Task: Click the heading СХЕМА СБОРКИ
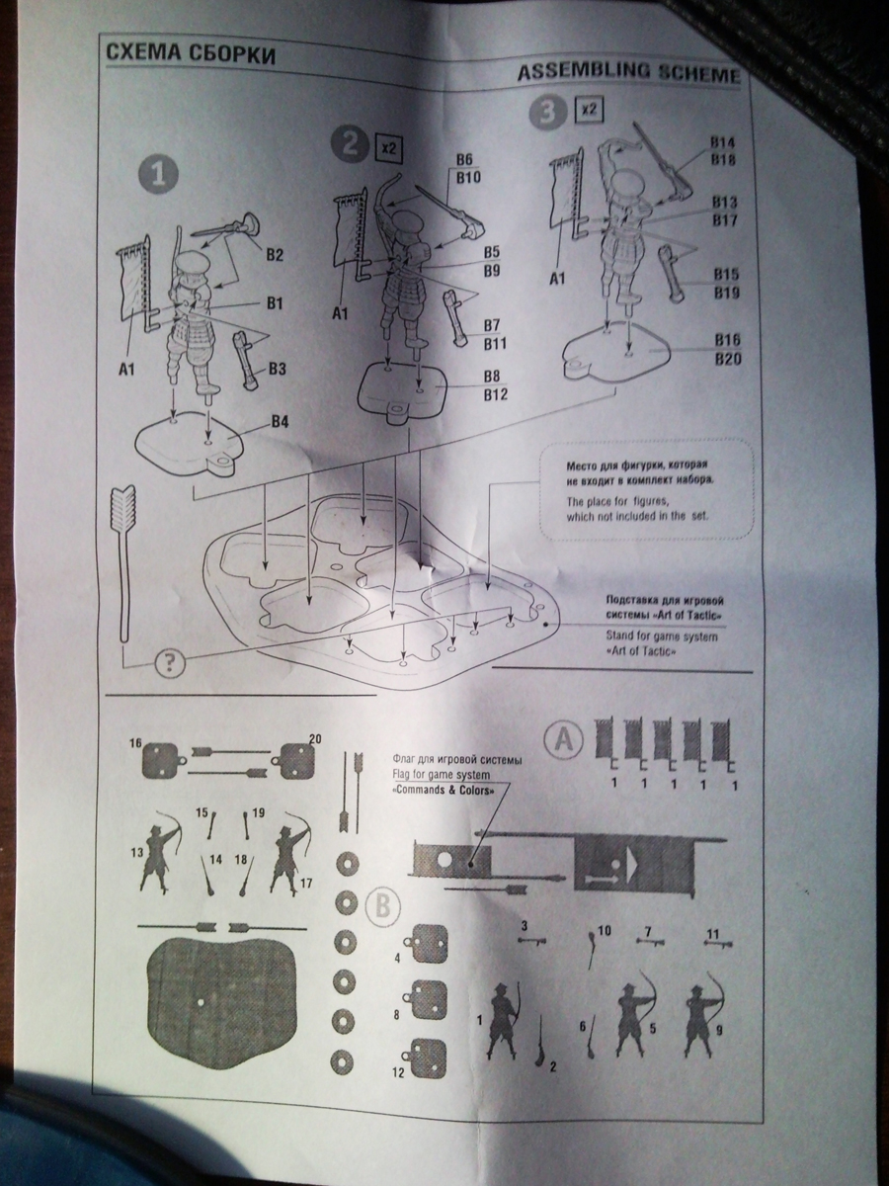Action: [x=188, y=53]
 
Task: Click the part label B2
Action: [x=274, y=255]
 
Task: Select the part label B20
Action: [x=727, y=359]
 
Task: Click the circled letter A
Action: [x=563, y=737]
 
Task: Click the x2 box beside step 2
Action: [x=387, y=149]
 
